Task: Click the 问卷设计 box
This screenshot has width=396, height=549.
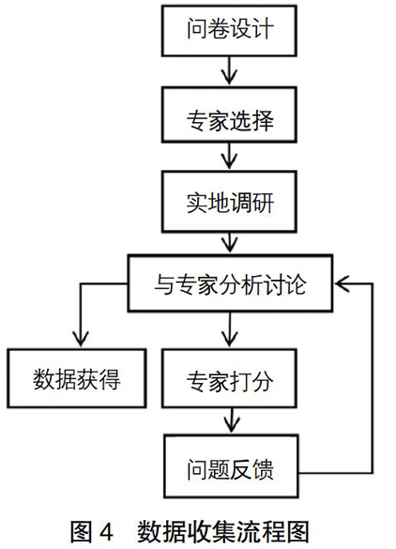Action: (x=229, y=30)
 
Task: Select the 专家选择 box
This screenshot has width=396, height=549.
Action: (x=229, y=114)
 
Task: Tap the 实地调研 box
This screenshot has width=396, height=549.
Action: (x=229, y=202)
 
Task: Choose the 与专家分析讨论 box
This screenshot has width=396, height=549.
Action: (x=230, y=283)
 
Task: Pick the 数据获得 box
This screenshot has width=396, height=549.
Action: (x=77, y=378)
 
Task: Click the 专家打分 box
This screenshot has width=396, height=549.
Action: (x=229, y=378)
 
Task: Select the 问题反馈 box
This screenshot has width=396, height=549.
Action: (x=231, y=466)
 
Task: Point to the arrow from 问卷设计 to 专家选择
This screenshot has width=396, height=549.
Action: (x=229, y=70)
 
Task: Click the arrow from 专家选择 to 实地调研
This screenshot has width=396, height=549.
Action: (x=229, y=156)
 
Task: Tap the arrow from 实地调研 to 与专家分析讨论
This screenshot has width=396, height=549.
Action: (x=229, y=243)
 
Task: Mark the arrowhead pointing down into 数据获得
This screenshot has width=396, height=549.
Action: (x=81, y=339)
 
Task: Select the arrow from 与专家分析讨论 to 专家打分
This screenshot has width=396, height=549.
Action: (x=230, y=329)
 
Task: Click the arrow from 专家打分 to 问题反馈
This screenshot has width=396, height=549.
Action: (x=231, y=420)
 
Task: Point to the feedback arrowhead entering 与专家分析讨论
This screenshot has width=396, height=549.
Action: (x=343, y=283)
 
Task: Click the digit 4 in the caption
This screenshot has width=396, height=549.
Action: (x=106, y=532)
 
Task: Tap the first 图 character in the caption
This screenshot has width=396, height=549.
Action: (x=82, y=532)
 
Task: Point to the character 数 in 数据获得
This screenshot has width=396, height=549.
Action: (x=44, y=379)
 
